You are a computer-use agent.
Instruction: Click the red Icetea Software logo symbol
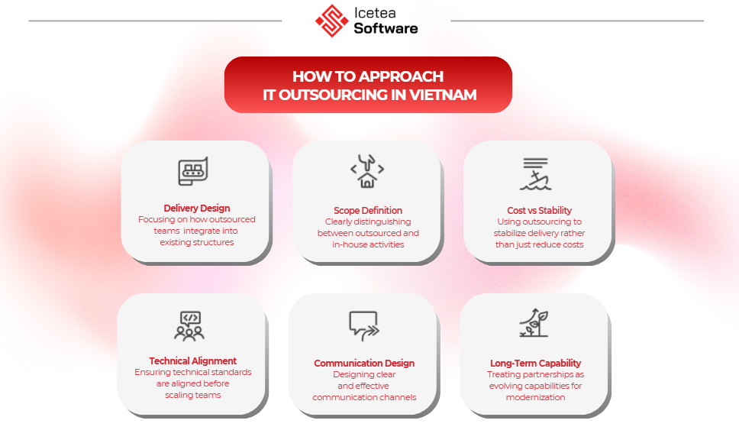[332, 21]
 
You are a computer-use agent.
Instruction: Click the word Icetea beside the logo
[375, 13]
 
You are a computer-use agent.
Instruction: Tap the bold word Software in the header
[386, 28]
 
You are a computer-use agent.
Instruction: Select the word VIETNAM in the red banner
[443, 95]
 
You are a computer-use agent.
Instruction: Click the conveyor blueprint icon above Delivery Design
[192, 171]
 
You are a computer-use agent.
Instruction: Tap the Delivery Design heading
[197, 208]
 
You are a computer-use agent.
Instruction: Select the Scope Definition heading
[368, 210]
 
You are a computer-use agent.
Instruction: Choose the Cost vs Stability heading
[539, 210]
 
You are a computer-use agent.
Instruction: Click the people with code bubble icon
[189, 326]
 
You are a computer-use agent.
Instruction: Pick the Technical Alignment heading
[192, 360]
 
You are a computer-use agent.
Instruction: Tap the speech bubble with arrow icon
[364, 325]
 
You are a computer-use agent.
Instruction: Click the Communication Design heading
[364, 363]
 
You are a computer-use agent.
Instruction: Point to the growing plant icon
[534, 323]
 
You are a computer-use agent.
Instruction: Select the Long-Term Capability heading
[535, 363]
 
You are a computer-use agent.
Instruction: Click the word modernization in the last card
[535, 397]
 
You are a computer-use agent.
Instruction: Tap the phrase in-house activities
[368, 244]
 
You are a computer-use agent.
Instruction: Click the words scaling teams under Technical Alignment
[192, 395]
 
